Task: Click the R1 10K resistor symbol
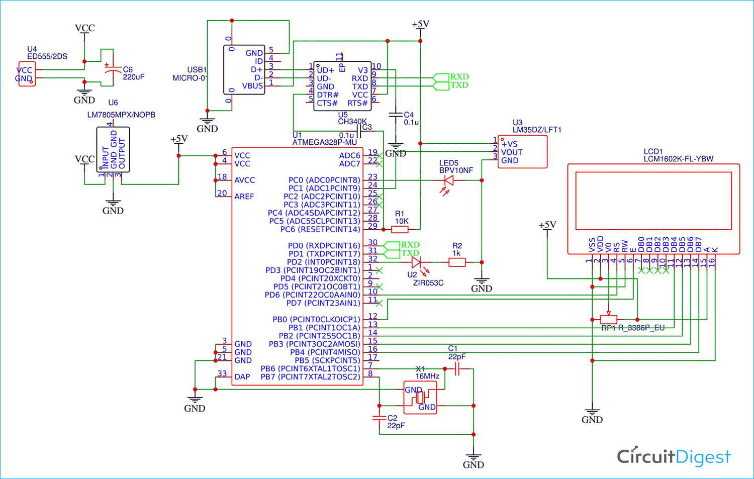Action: (x=400, y=230)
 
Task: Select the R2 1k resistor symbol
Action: (x=456, y=262)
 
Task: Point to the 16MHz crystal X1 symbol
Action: (x=420, y=398)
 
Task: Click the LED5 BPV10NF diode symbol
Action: (x=447, y=180)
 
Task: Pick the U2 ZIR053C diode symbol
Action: (x=417, y=262)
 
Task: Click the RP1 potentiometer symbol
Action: (x=609, y=319)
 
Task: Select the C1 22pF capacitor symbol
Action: (x=457, y=369)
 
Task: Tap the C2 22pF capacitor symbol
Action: (x=379, y=418)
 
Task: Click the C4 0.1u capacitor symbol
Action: (x=396, y=116)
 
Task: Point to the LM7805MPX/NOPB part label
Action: (x=121, y=115)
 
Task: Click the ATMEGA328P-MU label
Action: (x=324, y=143)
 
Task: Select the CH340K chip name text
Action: (x=352, y=122)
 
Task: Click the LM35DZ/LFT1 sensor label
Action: (x=537, y=130)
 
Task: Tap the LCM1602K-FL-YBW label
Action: (x=678, y=159)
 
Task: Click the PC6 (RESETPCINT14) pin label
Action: (x=320, y=229)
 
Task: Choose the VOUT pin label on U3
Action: (x=512, y=152)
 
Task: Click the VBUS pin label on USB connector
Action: (x=252, y=86)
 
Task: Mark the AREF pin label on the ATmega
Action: (x=244, y=197)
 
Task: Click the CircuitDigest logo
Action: (x=674, y=456)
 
